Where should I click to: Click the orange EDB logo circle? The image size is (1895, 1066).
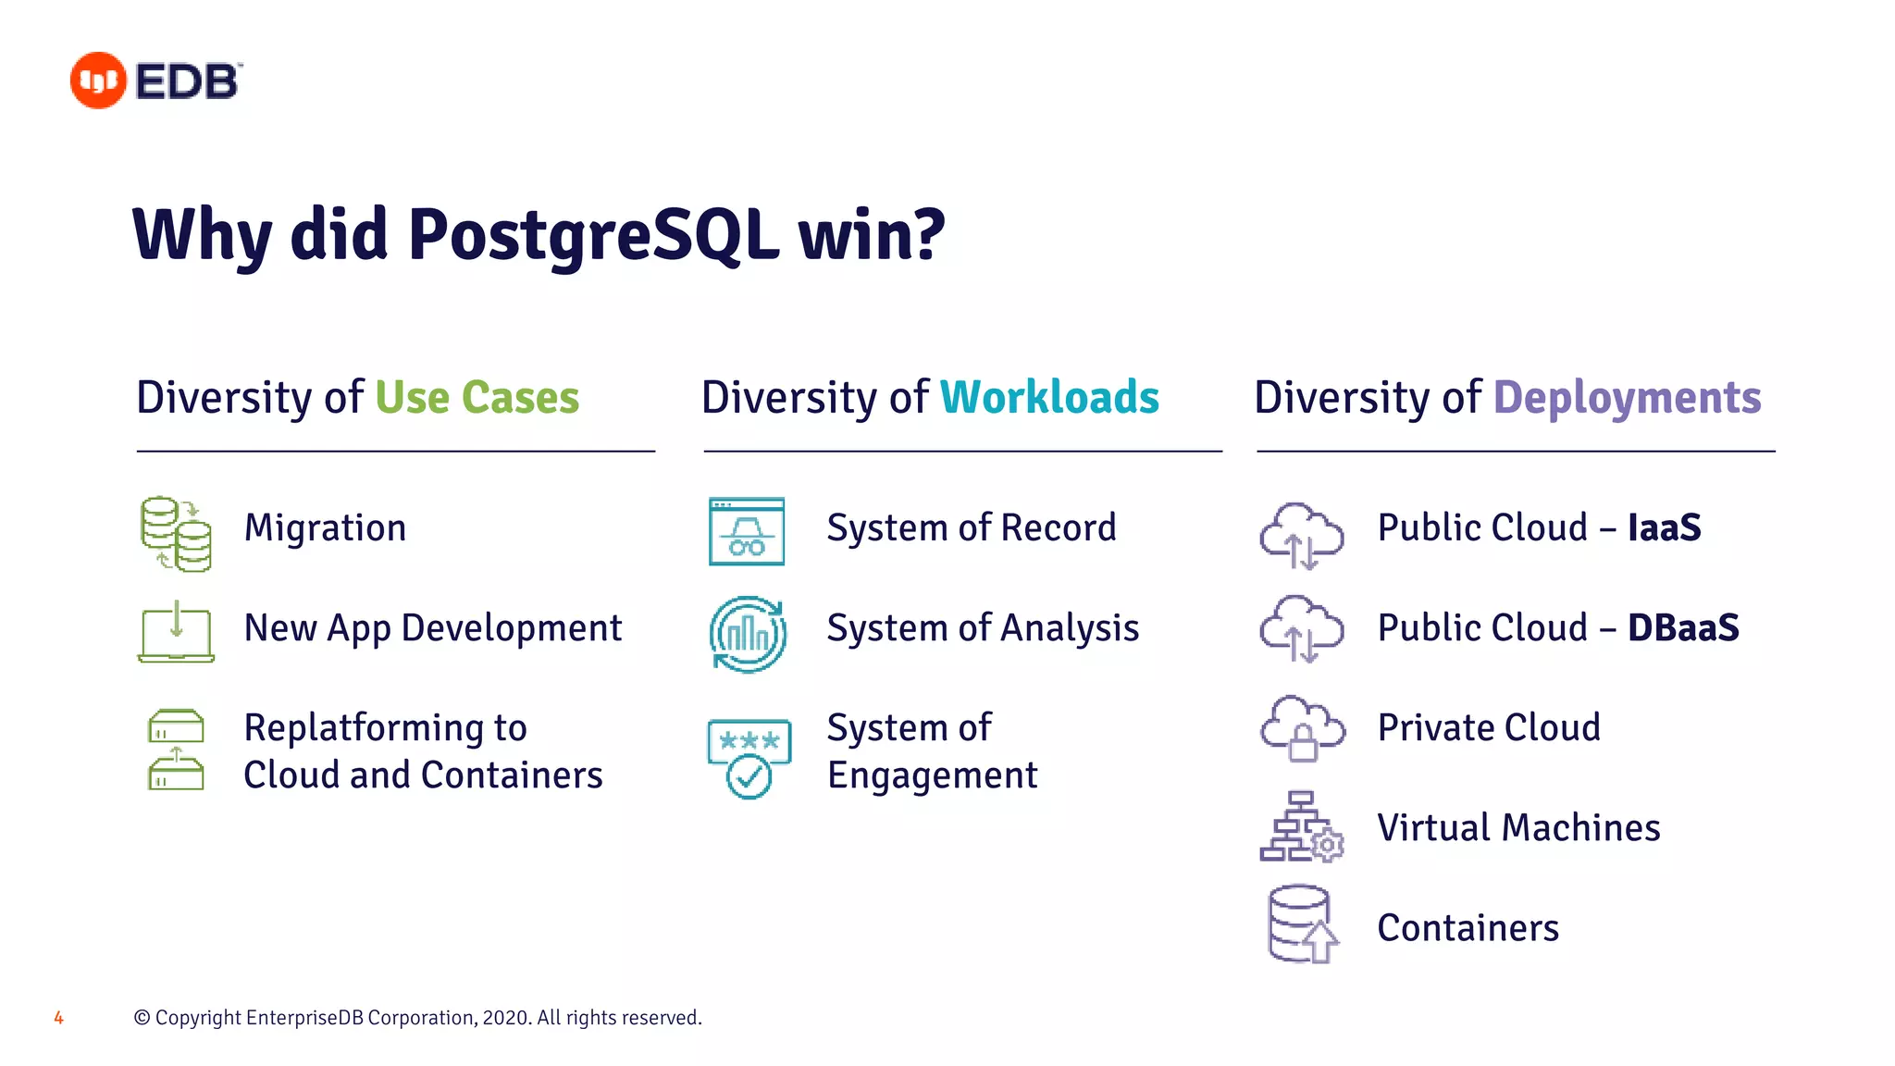point(98,81)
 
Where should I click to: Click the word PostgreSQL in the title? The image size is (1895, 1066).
point(592,235)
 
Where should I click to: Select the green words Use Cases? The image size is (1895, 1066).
point(477,398)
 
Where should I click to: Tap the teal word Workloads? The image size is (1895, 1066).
point(1049,398)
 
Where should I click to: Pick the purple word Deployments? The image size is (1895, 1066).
point(1627,398)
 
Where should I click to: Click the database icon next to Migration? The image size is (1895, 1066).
point(176,534)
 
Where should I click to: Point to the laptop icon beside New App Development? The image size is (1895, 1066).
point(176,632)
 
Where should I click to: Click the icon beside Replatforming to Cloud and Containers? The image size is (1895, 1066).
point(176,750)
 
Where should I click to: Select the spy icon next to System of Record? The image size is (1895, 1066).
point(747,531)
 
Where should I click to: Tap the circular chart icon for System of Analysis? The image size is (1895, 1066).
point(748,634)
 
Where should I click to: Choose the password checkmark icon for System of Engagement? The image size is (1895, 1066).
point(749,758)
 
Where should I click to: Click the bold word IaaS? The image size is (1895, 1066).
point(1664,528)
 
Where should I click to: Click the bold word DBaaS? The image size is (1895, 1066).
point(1683,628)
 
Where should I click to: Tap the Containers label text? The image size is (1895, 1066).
point(1468,928)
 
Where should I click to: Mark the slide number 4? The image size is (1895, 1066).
point(58,1018)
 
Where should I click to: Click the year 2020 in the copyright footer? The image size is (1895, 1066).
point(506,1018)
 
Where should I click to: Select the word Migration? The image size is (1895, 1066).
point(325,528)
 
